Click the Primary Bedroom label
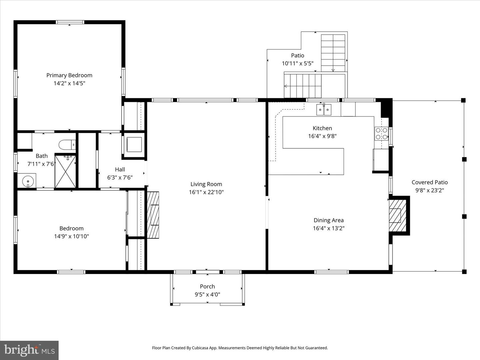point(69,75)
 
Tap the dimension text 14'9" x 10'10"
point(71,236)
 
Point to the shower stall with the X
point(65,171)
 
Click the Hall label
point(120,169)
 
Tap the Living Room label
point(206,184)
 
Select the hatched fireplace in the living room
point(153,215)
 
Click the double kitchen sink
point(324,110)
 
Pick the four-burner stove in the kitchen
point(382,134)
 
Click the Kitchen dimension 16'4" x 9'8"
point(322,136)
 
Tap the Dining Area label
point(328,220)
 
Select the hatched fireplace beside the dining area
point(398,215)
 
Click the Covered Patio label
point(429,182)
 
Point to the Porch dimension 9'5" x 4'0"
point(207,294)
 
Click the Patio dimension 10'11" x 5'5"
point(297,63)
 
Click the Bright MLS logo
point(29,350)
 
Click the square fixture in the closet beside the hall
point(134,144)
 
